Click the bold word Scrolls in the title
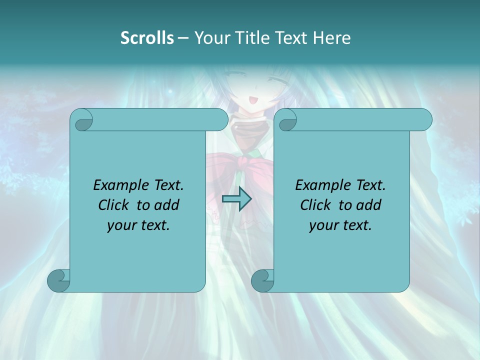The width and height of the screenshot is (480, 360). point(147,38)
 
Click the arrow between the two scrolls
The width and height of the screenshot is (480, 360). point(236,199)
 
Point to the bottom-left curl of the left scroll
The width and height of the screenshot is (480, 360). point(58,280)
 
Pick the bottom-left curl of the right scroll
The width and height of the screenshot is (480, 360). point(262,280)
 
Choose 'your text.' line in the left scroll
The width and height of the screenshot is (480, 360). point(138,225)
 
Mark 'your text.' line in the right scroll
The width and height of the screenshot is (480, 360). point(340,225)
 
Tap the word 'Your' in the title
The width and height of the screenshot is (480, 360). point(209,38)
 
